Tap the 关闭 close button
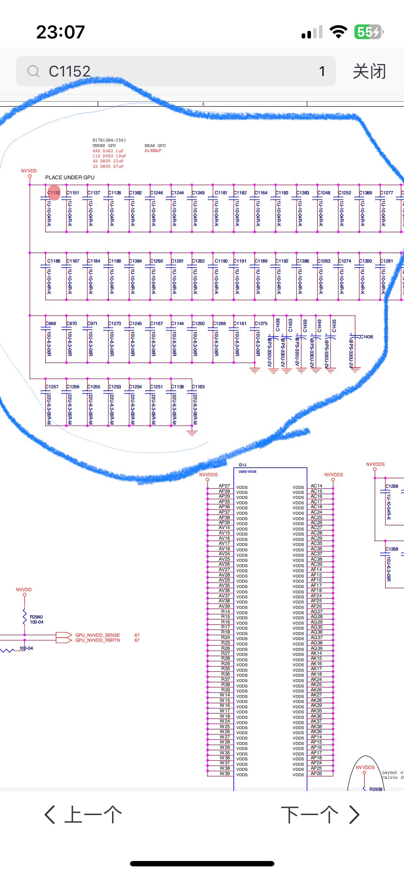point(369,71)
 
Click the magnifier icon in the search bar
point(33,71)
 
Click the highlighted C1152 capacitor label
point(54,193)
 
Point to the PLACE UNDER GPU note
point(70,177)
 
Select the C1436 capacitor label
point(367,337)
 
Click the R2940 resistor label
point(36,617)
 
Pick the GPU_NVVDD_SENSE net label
point(97,635)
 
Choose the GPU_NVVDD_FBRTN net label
point(97,640)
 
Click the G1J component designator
point(242,465)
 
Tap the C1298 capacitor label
point(392,486)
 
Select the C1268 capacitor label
point(392,549)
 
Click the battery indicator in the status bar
point(368,32)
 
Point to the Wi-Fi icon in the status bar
point(338,32)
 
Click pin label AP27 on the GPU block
point(224,486)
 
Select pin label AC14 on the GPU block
point(316,486)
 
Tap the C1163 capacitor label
point(198,386)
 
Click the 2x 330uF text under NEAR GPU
point(153,151)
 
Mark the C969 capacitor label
point(51,323)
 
